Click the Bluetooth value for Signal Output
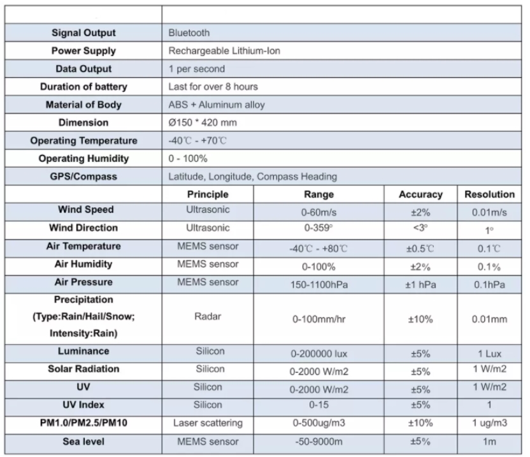tap(189, 33)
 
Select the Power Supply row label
tap(83, 51)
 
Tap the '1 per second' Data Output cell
tap(197, 69)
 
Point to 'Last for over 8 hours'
tap(213, 87)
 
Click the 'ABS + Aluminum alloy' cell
tap(217, 105)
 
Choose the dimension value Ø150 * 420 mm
tap(203, 122)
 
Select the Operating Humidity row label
tap(83, 158)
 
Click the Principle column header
tap(208, 194)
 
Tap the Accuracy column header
tap(420, 194)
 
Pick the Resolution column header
tap(489, 194)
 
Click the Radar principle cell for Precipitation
tap(208, 318)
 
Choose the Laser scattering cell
tap(208, 423)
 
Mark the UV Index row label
tap(83, 405)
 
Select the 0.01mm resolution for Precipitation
tap(489, 319)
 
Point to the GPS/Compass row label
tap(83, 176)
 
